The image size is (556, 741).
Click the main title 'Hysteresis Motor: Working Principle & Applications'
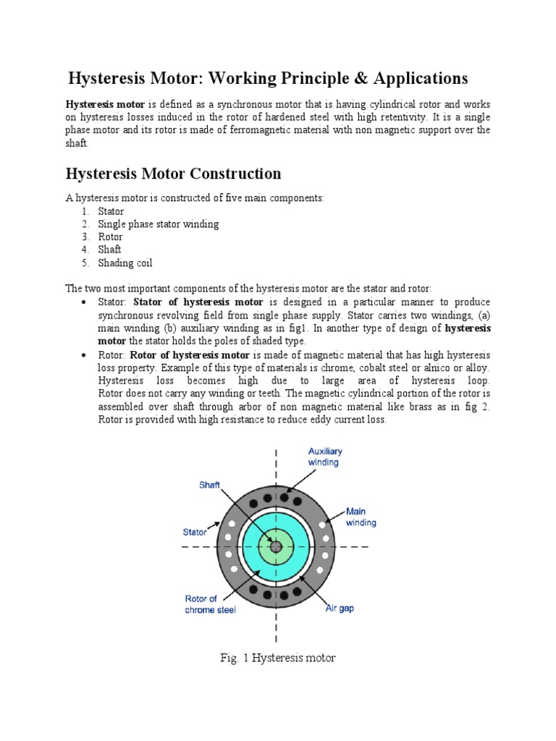click(x=268, y=78)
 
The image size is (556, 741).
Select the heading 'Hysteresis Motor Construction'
click(x=173, y=174)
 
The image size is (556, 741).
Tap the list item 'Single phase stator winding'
click(x=158, y=224)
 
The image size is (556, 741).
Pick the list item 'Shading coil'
click(x=125, y=263)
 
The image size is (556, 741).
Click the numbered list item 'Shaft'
click(x=110, y=250)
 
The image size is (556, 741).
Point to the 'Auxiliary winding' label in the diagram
click(x=324, y=457)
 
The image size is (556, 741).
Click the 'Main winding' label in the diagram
click(x=361, y=517)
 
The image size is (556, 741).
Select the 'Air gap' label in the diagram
click(x=339, y=609)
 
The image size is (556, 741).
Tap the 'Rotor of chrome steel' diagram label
click(x=210, y=604)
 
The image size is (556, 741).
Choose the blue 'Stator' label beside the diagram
click(x=195, y=531)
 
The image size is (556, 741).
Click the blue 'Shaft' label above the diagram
click(x=210, y=486)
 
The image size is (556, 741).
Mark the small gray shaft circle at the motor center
click(x=275, y=547)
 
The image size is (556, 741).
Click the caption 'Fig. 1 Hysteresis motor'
click(x=278, y=658)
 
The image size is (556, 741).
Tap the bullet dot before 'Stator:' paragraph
click(x=85, y=302)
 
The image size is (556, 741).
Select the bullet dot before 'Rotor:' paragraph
click(x=85, y=355)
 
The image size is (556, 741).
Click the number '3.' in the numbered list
click(x=85, y=237)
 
